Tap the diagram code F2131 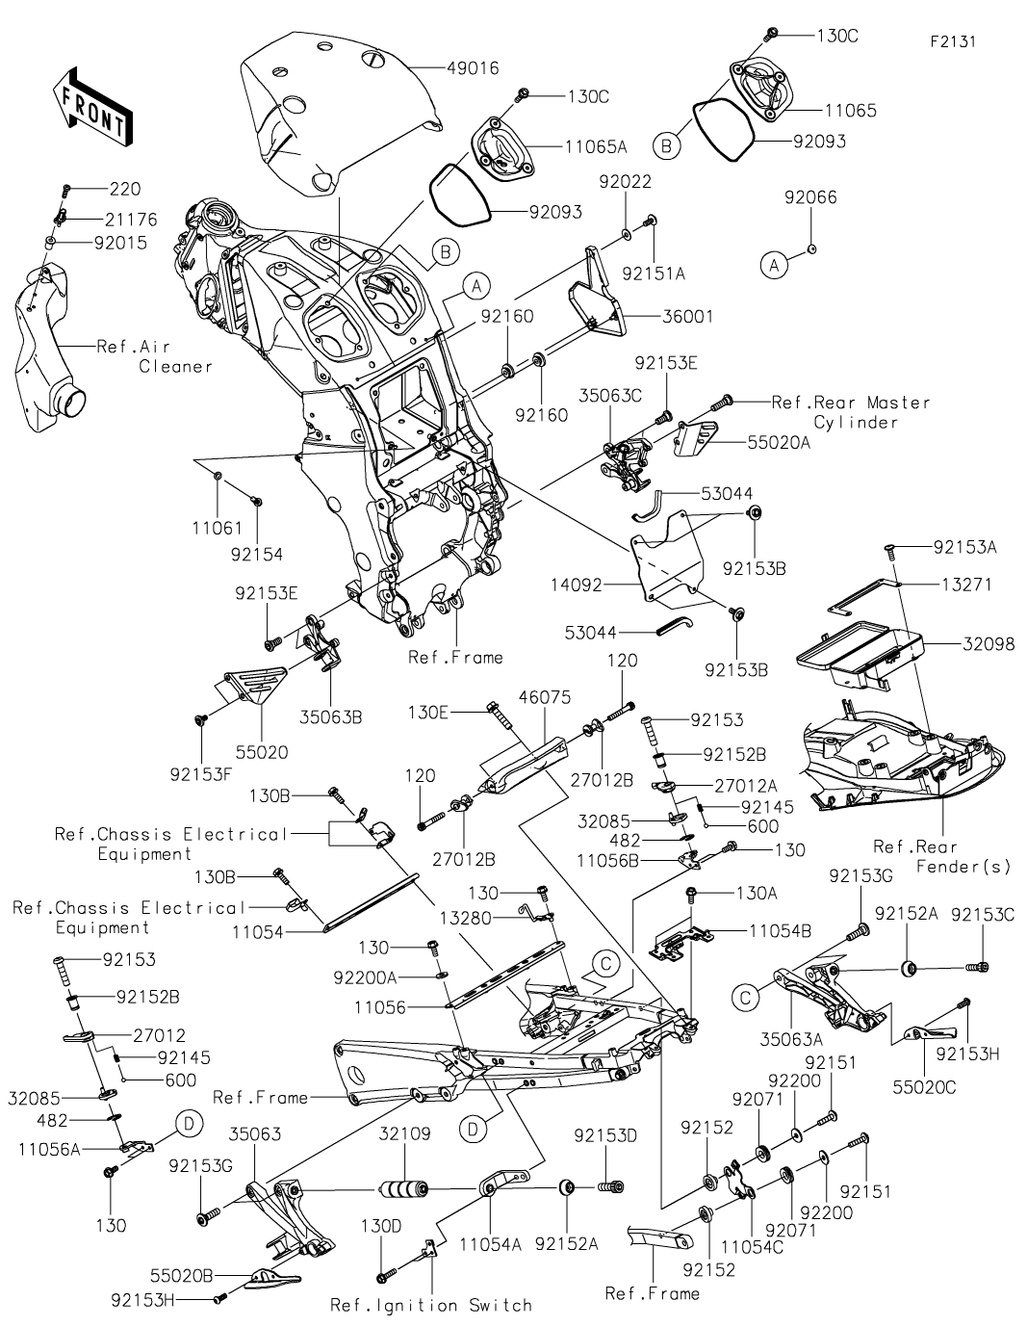click(953, 43)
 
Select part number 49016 click(473, 68)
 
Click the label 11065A click(596, 146)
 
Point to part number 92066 click(810, 197)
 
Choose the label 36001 click(687, 316)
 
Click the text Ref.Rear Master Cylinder click(851, 411)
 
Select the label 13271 click(966, 585)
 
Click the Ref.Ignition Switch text click(431, 1305)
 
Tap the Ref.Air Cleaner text click(155, 355)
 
